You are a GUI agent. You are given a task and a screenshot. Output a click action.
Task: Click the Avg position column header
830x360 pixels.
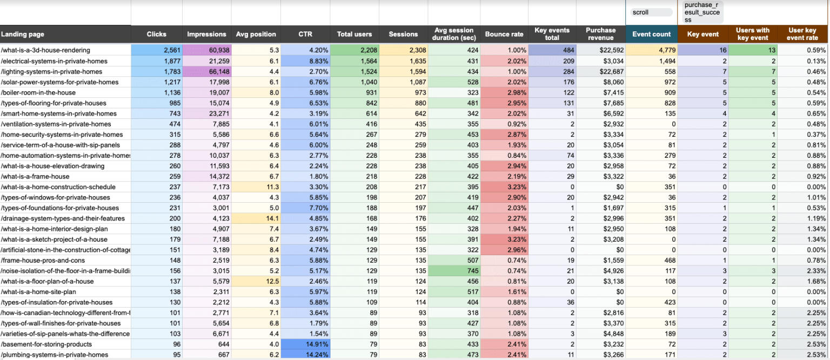pos(256,34)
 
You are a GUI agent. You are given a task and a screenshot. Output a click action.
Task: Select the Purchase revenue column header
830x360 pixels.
pos(600,34)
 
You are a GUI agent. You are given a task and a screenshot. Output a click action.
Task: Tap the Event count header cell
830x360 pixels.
pos(651,34)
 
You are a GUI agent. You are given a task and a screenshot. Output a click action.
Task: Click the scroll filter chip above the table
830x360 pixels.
pos(651,12)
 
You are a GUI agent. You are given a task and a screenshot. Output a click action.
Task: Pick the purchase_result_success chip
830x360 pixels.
pos(702,12)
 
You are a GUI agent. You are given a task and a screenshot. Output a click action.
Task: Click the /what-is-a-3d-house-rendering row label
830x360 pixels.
pos(45,50)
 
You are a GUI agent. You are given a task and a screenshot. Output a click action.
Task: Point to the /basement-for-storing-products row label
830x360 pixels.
pos(46,344)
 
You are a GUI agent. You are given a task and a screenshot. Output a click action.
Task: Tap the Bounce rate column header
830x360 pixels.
pos(504,34)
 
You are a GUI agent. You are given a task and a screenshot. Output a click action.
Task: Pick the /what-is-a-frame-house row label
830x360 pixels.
pos(35,176)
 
